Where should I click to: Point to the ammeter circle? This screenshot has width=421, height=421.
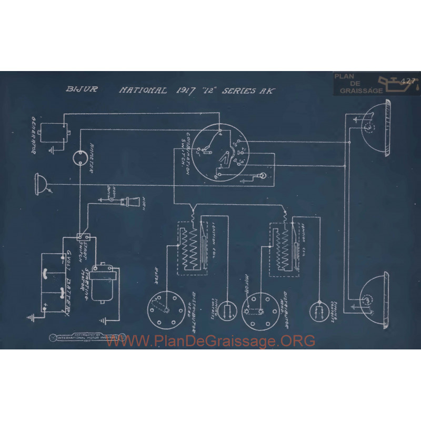(79, 157)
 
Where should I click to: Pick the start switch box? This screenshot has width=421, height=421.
(82, 238)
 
